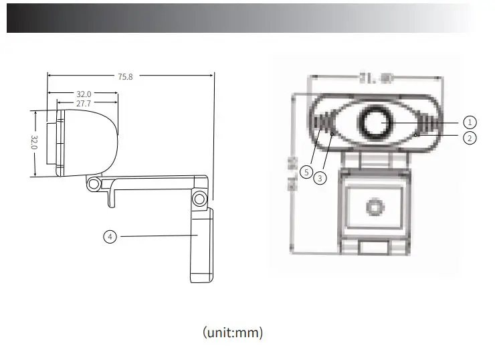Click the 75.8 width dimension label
pos(125,77)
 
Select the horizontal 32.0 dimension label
pos(83,94)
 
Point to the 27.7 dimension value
pos(83,104)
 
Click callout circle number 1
pos(470,122)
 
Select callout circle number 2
pos(470,138)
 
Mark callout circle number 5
pos(306,172)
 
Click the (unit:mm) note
pos(233,333)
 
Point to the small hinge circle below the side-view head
pos(94,183)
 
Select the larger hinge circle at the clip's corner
pos(199,199)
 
